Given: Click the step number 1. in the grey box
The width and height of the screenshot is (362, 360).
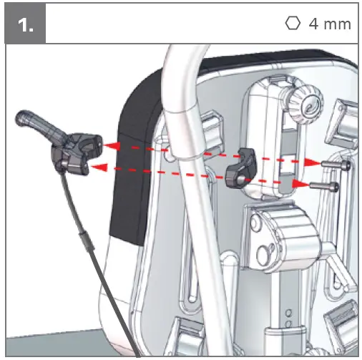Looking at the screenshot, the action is click(x=26, y=25).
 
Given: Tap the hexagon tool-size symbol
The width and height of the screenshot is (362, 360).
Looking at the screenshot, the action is click(x=293, y=24).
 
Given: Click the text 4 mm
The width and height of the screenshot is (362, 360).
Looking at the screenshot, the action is click(x=330, y=24).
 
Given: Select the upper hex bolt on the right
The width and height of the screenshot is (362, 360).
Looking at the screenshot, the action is click(x=336, y=165).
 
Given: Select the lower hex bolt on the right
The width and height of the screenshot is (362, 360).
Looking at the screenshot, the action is click(x=324, y=186).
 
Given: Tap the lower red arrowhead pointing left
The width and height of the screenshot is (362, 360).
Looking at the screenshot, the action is click(x=99, y=167).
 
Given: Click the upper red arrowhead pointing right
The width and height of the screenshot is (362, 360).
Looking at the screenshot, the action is click(x=313, y=162).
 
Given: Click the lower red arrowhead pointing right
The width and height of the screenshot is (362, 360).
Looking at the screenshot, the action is click(x=301, y=184).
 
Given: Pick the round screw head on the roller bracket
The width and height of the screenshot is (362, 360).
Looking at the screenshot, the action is click(x=265, y=253).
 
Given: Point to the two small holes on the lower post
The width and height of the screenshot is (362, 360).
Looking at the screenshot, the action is click(x=288, y=317).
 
